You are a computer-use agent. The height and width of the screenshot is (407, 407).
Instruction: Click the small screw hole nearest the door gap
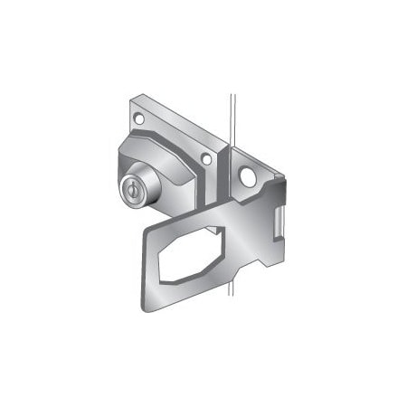click(207, 160)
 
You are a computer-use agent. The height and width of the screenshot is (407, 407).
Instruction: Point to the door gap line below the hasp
click(232, 308)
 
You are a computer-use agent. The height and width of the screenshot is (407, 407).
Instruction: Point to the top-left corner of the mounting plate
click(129, 101)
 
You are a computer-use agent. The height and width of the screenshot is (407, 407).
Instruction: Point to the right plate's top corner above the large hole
click(237, 149)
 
